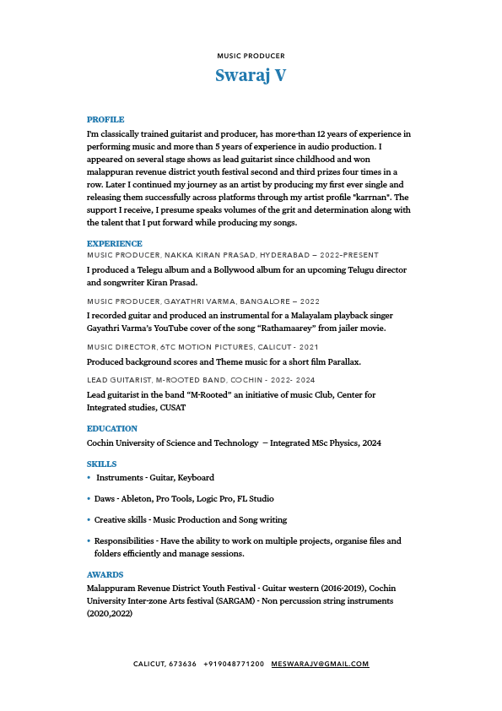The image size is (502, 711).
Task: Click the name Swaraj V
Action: coord(251,75)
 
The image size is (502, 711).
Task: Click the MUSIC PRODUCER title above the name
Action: coord(251,56)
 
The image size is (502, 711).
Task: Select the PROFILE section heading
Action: coord(105,120)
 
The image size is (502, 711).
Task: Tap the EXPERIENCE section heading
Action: coord(114,243)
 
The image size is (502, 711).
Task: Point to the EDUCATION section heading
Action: coord(111,429)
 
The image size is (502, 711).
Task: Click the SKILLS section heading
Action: coord(101,464)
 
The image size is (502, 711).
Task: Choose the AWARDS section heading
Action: coord(105,574)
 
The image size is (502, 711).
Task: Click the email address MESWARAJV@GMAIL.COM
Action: coord(320,664)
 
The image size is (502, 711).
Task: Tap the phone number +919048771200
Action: coord(234,664)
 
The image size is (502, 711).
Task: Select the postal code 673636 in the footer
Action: coord(182,664)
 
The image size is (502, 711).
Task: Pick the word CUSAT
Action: coord(172,408)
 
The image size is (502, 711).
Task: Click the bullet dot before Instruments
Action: coord(89,478)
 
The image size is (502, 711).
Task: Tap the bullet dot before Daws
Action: coord(89,499)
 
